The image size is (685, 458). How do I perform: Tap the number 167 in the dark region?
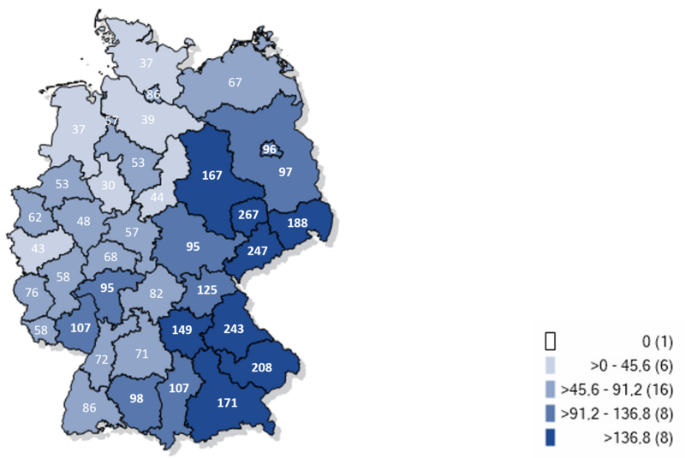[x=212, y=175]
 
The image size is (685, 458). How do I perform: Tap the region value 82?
[x=155, y=294]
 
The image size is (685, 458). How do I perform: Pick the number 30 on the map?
[x=108, y=186]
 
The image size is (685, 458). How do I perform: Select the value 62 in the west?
[x=34, y=217]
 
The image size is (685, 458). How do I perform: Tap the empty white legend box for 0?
[x=551, y=341]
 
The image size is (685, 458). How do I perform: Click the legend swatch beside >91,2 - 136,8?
[x=551, y=414]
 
